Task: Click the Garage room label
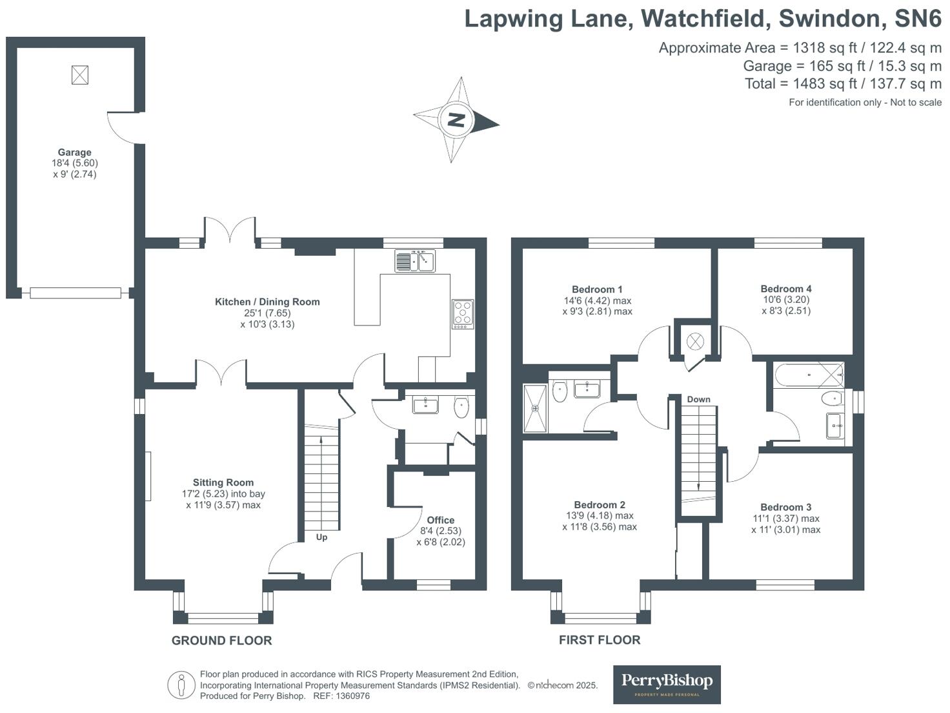pyautogui.click(x=75, y=153)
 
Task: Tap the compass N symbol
pyautogui.click(x=456, y=120)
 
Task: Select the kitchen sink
pyautogui.click(x=415, y=261)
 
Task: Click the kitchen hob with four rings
pyautogui.click(x=463, y=313)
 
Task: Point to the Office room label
pyautogui.click(x=441, y=520)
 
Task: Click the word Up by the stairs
pyautogui.click(x=321, y=537)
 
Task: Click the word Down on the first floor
pyautogui.click(x=698, y=399)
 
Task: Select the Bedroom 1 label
pyautogui.click(x=597, y=289)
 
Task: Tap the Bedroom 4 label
pyautogui.click(x=785, y=289)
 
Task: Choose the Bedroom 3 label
pyautogui.click(x=785, y=507)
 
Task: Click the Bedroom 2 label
pyautogui.click(x=600, y=504)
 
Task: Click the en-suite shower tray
pyautogui.click(x=535, y=408)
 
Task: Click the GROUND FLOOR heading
pyautogui.click(x=221, y=640)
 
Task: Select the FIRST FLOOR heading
pyautogui.click(x=600, y=639)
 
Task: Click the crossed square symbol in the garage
pyautogui.click(x=79, y=75)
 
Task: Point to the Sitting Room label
pyautogui.click(x=223, y=482)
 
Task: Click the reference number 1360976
pyautogui.click(x=351, y=696)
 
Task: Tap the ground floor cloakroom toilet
pyautogui.click(x=461, y=407)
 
